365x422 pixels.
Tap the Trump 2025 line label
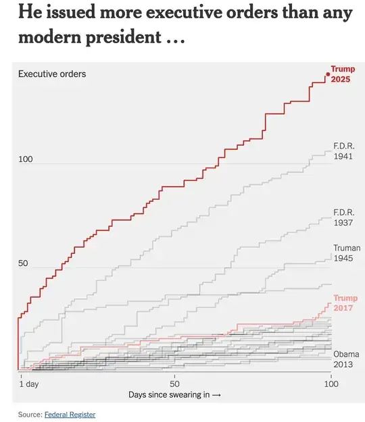(x=343, y=74)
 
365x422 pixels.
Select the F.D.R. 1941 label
(x=344, y=151)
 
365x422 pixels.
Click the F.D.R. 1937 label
(x=344, y=217)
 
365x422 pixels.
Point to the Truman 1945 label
(x=347, y=253)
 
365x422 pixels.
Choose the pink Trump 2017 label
(x=346, y=302)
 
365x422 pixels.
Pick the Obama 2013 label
(x=346, y=359)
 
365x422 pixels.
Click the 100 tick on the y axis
(x=25, y=159)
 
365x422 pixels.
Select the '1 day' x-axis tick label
(x=28, y=383)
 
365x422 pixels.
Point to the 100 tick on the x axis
(x=331, y=383)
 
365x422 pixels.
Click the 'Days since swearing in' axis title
(x=170, y=394)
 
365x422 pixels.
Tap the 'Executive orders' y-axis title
(x=52, y=74)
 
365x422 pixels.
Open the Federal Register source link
(x=70, y=414)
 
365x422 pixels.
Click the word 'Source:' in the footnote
(x=30, y=414)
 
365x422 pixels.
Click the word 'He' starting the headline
(x=29, y=11)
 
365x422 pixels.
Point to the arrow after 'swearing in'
(x=217, y=394)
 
